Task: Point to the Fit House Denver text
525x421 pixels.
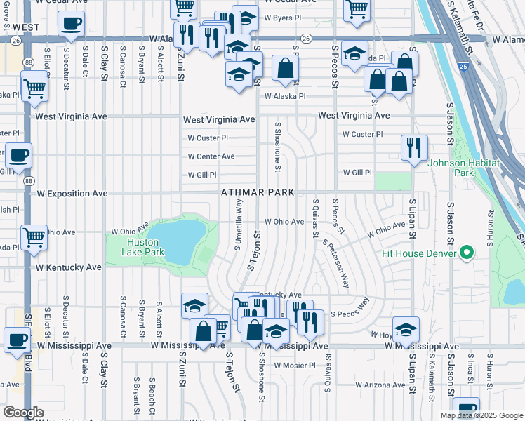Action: point(420,253)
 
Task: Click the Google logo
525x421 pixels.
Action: point(23,412)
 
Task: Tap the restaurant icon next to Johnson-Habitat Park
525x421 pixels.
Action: point(413,147)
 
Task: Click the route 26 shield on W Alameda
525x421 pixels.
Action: point(307,39)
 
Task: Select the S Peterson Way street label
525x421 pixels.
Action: point(336,264)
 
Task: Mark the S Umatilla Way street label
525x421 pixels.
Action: point(238,224)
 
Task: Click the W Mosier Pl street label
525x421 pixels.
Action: point(295,366)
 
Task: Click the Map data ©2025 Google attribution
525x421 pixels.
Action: point(481,415)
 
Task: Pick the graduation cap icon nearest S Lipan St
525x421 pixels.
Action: point(406,330)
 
